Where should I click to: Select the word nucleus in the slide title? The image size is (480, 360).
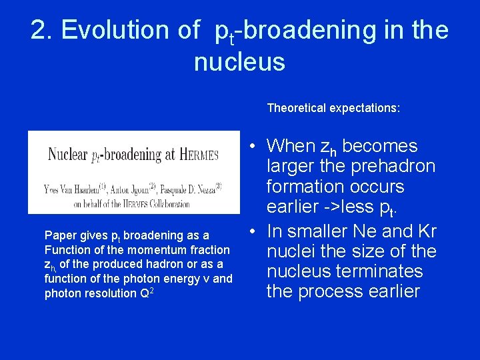(x=239, y=62)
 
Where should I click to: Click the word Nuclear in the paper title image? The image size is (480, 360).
(x=69, y=155)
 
